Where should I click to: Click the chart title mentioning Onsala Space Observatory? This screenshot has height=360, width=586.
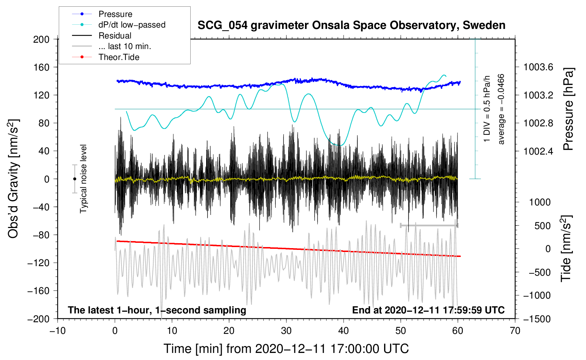click(351, 25)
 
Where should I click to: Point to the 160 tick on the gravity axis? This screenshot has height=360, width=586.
click(41, 67)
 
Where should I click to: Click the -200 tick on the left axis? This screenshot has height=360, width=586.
click(38, 319)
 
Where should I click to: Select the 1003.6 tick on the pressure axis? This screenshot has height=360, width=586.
click(538, 67)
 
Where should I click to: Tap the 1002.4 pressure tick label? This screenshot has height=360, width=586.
click(538, 151)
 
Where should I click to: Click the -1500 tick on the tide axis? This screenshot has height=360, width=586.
click(537, 319)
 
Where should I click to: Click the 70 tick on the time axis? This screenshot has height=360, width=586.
click(515, 331)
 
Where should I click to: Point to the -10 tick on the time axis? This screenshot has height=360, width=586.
click(58, 331)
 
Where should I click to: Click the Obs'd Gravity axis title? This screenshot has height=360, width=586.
click(13, 179)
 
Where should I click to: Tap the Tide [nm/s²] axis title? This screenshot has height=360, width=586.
click(566, 249)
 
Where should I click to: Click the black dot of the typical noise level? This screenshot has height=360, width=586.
click(74, 179)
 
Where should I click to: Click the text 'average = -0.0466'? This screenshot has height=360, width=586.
click(501, 109)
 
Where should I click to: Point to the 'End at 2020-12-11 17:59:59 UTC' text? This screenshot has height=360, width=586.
click(428, 310)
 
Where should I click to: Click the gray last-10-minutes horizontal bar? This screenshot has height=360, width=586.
click(429, 225)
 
